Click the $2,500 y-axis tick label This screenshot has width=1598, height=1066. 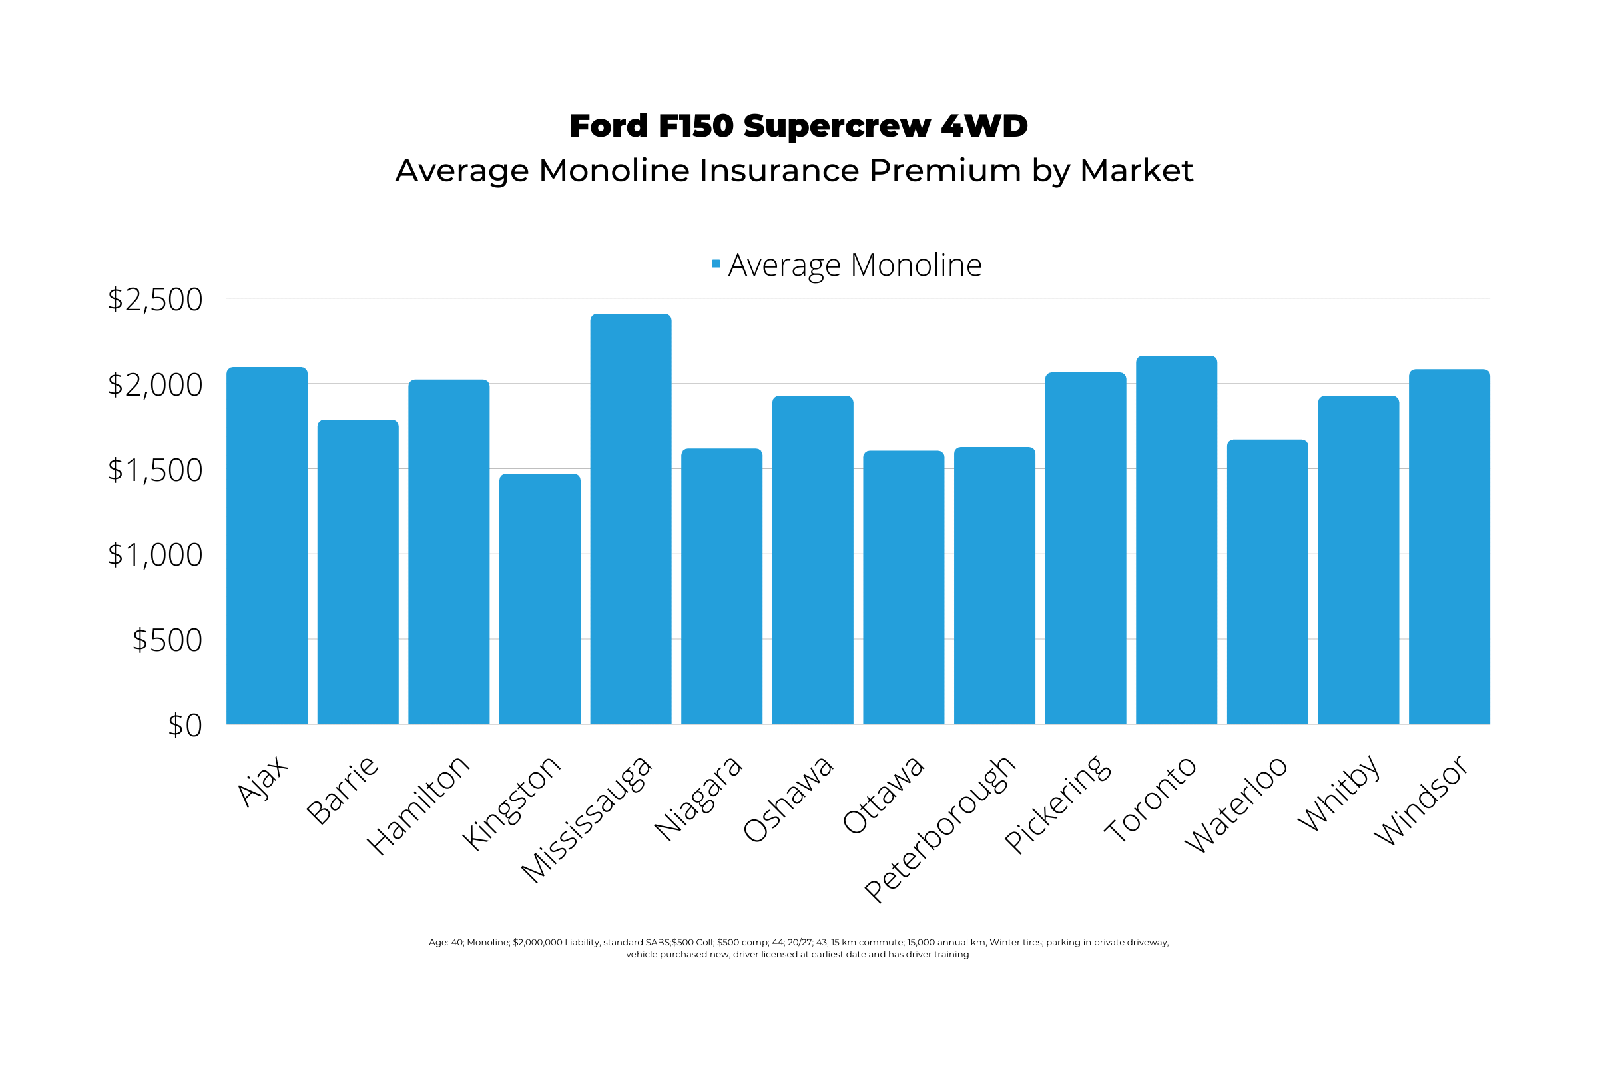point(155,300)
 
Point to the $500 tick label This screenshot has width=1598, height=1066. point(167,640)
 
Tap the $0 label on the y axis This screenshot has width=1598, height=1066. point(185,726)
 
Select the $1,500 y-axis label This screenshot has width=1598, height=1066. point(155,470)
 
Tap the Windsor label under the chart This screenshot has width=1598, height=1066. point(1422,800)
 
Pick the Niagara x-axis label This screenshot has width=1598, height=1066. point(698,798)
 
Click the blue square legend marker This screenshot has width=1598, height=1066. point(715,264)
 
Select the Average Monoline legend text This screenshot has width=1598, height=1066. point(855,265)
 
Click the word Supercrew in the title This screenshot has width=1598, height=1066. point(836,127)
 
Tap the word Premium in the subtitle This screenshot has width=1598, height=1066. point(944,170)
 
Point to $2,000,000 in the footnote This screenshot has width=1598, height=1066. point(537,942)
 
